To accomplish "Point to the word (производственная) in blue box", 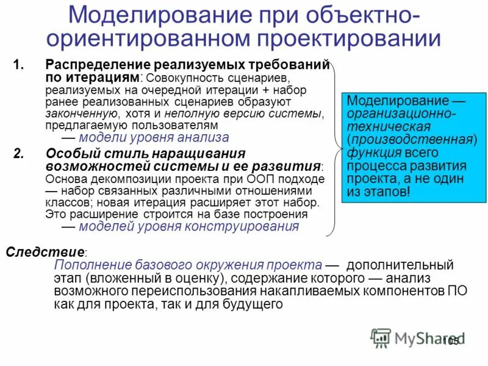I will (x=411, y=140).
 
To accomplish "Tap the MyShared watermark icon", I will (x=381, y=337).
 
